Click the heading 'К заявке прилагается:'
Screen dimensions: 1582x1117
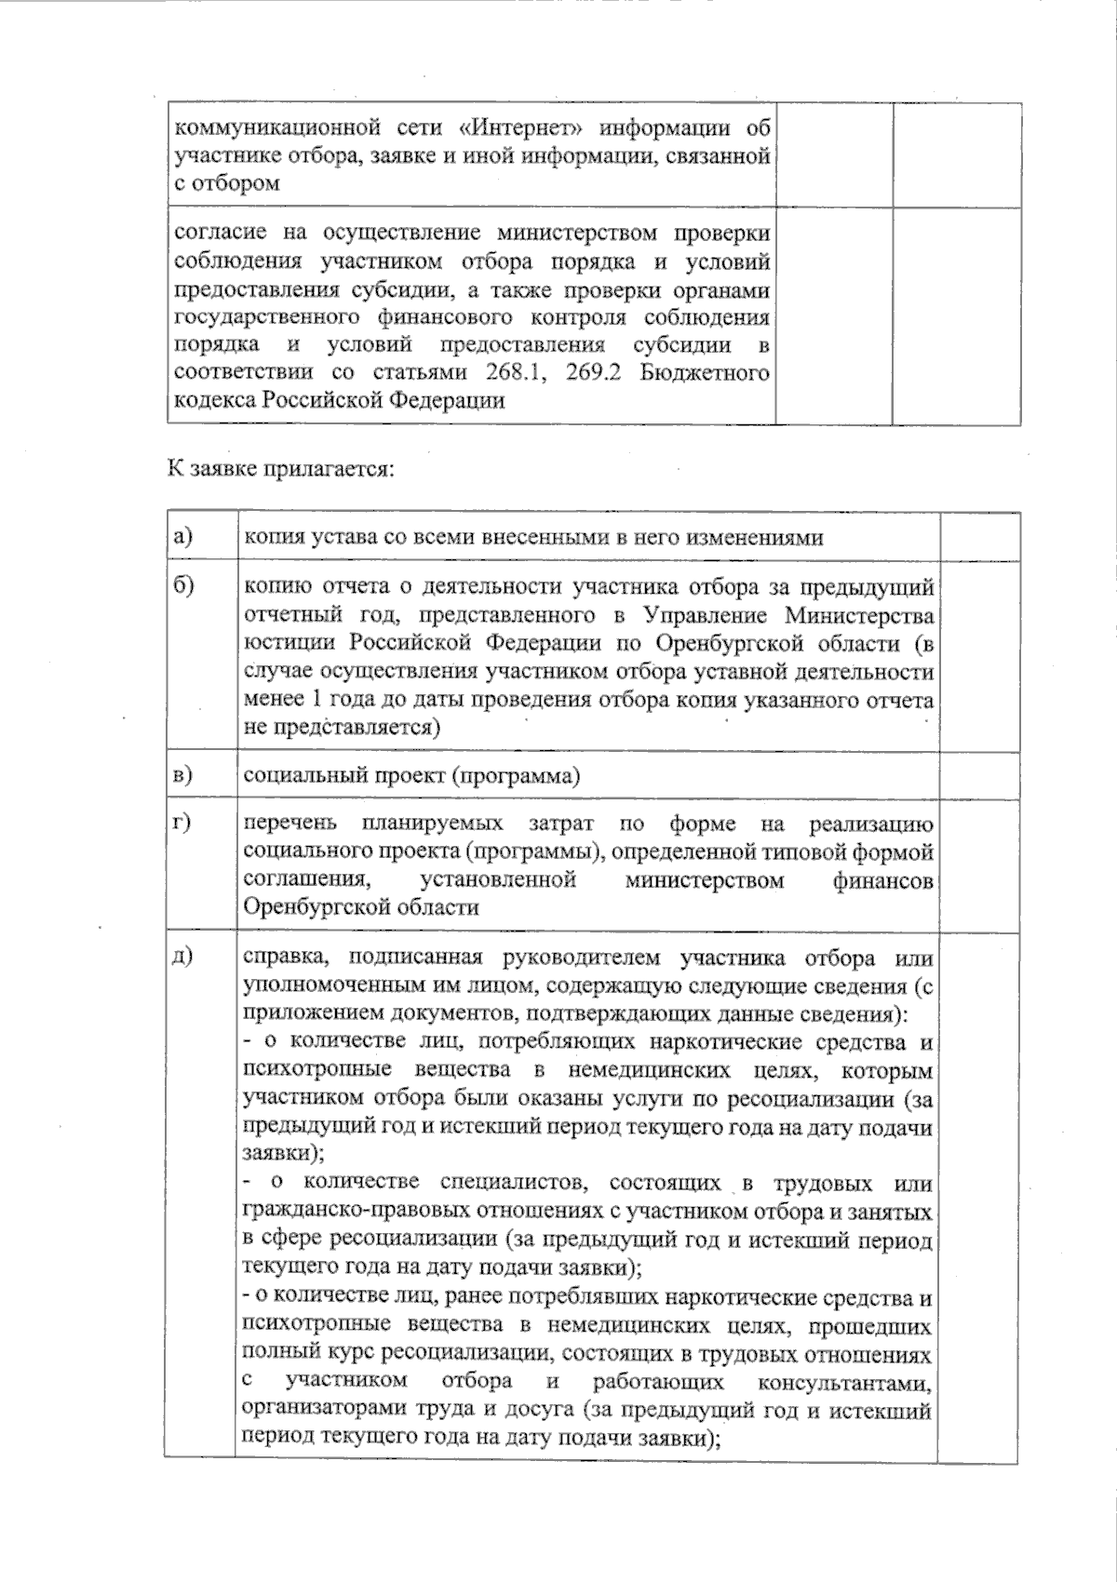pos(281,468)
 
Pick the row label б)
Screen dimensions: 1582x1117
pos(183,587)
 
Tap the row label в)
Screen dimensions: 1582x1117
pos(183,775)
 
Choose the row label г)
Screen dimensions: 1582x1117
pos(182,823)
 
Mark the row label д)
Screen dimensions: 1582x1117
pos(182,957)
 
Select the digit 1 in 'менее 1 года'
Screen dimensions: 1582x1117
pos(313,700)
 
